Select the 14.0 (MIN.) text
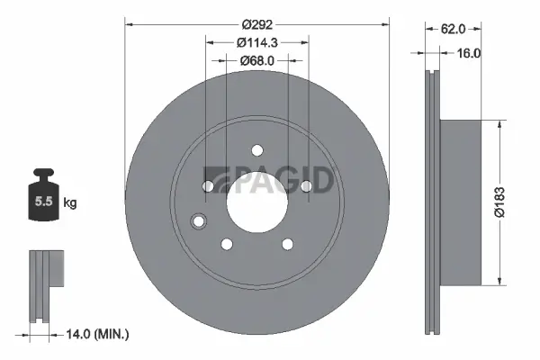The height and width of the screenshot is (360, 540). pos(99,334)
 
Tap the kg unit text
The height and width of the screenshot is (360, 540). pos(69,203)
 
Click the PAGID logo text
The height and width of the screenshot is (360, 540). pos(270,180)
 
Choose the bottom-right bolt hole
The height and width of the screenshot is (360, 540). pos(287,244)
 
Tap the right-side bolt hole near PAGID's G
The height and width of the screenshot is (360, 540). pos(306,186)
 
